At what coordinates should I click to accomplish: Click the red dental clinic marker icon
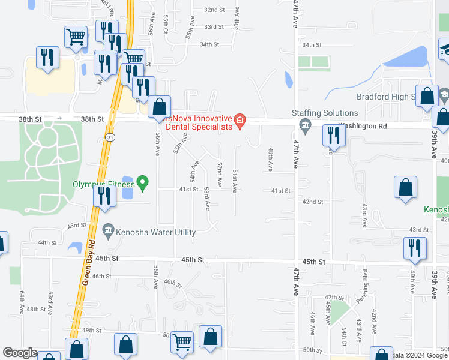(240, 121)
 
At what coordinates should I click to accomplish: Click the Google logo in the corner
(20, 353)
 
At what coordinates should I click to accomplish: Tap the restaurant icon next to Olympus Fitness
(105, 196)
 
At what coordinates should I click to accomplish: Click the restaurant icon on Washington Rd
(333, 134)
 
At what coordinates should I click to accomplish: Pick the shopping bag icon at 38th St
(160, 107)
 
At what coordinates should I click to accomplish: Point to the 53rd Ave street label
(206, 198)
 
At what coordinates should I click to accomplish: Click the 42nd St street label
(313, 202)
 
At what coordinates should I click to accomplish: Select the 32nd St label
(214, 10)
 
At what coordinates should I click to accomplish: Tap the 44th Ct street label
(344, 335)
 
